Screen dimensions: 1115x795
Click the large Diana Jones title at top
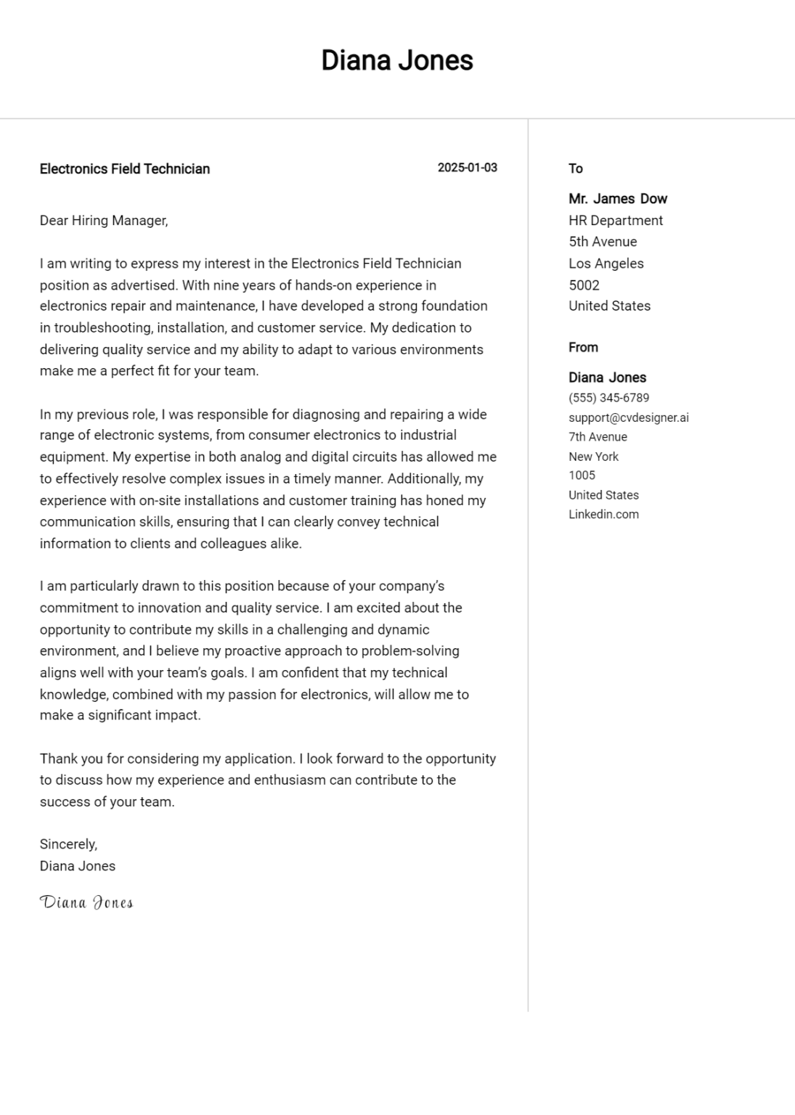pyautogui.click(x=397, y=60)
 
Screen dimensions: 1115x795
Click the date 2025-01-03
pyautogui.click(x=467, y=168)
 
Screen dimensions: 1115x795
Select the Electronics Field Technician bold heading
pyautogui.click(x=124, y=169)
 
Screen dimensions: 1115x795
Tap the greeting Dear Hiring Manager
pyautogui.click(x=104, y=221)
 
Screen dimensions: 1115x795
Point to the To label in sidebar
pyautogui.click(x=576, y=168)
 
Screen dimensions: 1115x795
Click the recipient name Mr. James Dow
pyautogui.click(x=618, y=199)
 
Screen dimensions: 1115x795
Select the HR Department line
pyautogui.click(x=616, y=221)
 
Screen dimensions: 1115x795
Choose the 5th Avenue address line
pyautogui.click(x=603, y=242)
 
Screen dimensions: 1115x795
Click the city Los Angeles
pyautogui.click(x=606, y=264)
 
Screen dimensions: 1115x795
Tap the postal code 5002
pyautogui.click(x=584, y=285)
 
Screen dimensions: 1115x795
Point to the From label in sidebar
pyautogui.click(x=583, y=348)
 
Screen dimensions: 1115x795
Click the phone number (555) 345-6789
pyautogui.click(x=608, y=398)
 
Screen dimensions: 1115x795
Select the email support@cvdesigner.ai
pyautogui.click(x=629, y=417)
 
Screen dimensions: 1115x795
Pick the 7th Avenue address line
pyautogui.click(x=598, y=437)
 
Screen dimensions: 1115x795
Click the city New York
pyautogui.click(x=593, y=457)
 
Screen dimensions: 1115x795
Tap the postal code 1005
pyautogui.click(x=582, y=475)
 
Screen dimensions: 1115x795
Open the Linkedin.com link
pyautogui.click(x=603, y=515)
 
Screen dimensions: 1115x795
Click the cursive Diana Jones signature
pyautogui.click(x=86, y=902)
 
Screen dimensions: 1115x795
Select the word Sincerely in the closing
pyautogui.click(x=68, y=844)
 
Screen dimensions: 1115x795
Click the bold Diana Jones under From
pyautogui.click(x=607, y=377)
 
